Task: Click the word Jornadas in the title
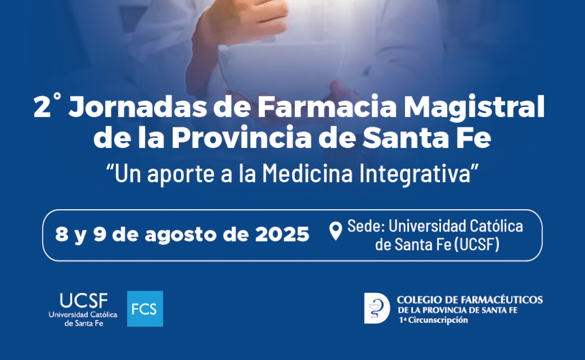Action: (x=138, y=107)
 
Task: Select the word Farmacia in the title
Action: (x=327, y=107)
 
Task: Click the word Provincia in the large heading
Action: (x=242, y=138)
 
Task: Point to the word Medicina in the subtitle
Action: (x=307, y=174)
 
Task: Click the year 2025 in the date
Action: (x=282, y=234)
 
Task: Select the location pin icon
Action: (x=336, y=231)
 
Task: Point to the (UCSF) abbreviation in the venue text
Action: (x=476, y=245)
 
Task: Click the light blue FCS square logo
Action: (x=145, y=309)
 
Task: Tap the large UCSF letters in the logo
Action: (x=83, y=301)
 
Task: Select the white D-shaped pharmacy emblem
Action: (x=377, y=308)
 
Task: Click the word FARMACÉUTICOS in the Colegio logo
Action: (x=502, y=299)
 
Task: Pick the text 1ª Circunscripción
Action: (x=433, y=320)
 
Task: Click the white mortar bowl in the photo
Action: (x=281, y=65)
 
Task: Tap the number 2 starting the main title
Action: (x=42, y=107)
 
